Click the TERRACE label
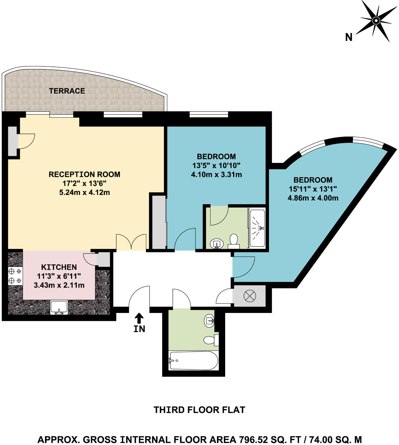point(67,91)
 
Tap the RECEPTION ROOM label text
point(84,174)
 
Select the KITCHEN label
point(59,267)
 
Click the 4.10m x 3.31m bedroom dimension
point(216,175)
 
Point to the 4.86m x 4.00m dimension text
point(313,198)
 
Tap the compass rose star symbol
point(376,20)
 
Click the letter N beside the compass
point(349,37)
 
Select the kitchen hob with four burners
point(15,276)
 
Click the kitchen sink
point(59,307)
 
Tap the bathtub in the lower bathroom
point(193,361)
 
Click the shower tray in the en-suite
point(257,228)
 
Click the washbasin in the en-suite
point(217,244)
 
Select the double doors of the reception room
point(131,242)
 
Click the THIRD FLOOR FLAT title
point(199,410)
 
